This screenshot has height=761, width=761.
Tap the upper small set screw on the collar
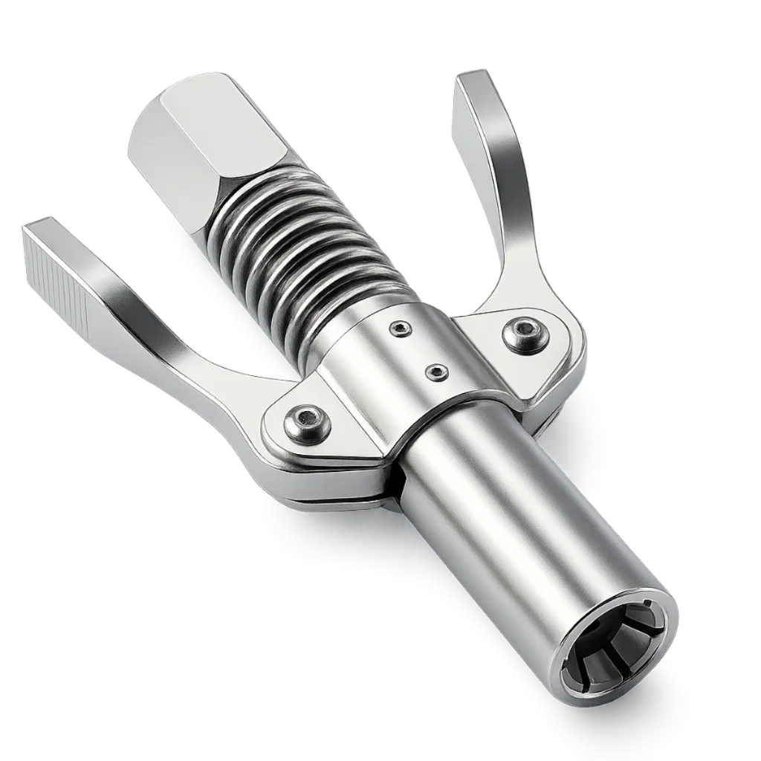[402, 328]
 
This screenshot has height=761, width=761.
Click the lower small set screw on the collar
[435, 371]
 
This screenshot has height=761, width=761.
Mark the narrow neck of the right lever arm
[513, 245]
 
